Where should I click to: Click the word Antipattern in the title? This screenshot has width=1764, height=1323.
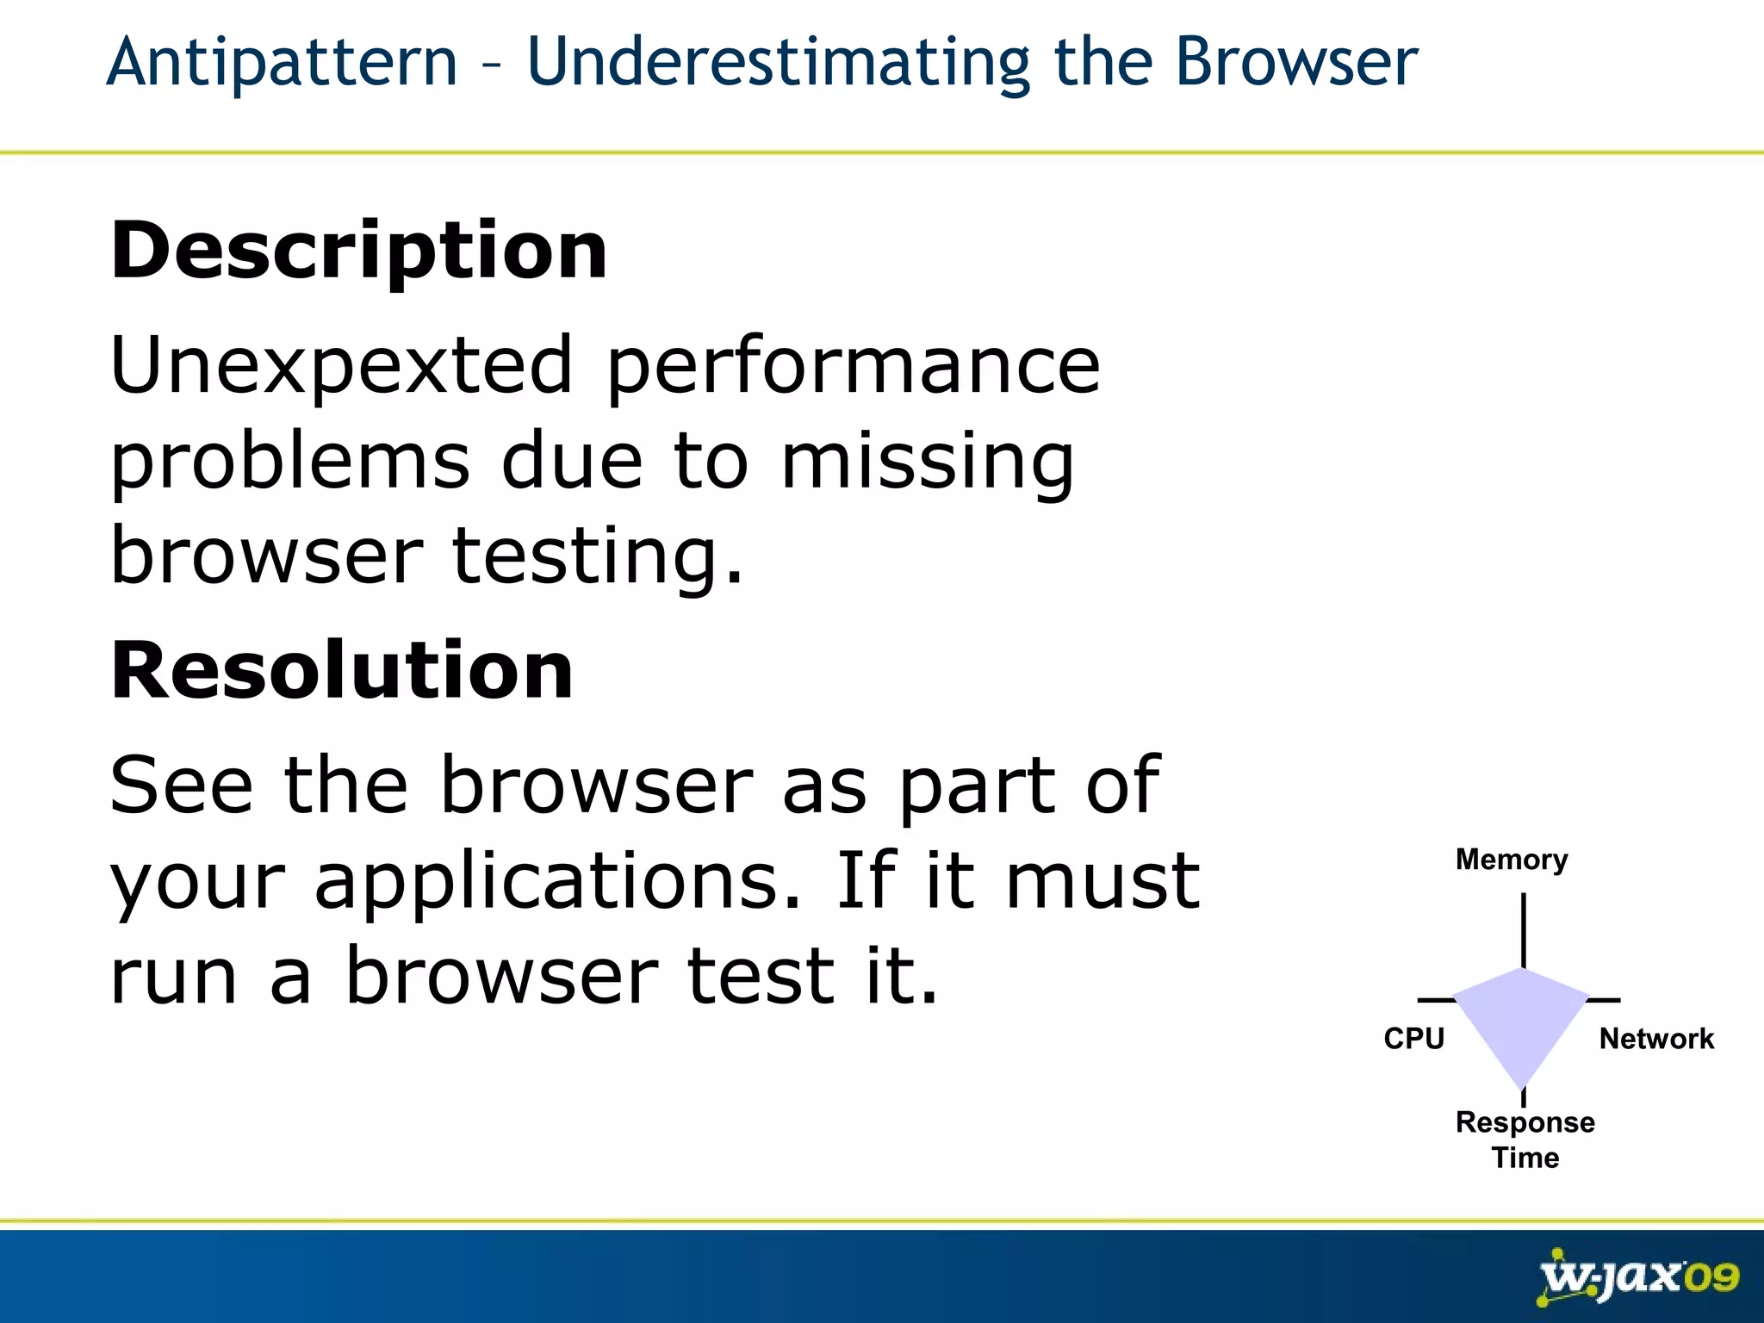(282, 64)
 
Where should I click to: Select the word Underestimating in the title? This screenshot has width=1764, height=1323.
(778, 64)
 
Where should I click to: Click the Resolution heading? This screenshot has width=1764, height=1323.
(342, 670)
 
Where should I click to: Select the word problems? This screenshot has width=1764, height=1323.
(290, 463)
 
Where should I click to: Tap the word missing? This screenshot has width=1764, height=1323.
(928, 463)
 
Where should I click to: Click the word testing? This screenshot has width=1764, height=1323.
(596, 557)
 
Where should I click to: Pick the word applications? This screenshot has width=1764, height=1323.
(557, 883)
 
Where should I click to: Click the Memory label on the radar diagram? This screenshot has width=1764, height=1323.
(1512, 860)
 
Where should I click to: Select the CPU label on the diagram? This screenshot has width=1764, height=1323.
(1413, 1038)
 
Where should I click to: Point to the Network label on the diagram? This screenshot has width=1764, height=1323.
(1656, 1039)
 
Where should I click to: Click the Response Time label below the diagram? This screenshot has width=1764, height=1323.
(1525, 1139)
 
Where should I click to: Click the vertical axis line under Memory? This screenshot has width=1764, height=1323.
(1524, 930)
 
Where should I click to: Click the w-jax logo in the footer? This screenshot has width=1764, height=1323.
(1611, 1277)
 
